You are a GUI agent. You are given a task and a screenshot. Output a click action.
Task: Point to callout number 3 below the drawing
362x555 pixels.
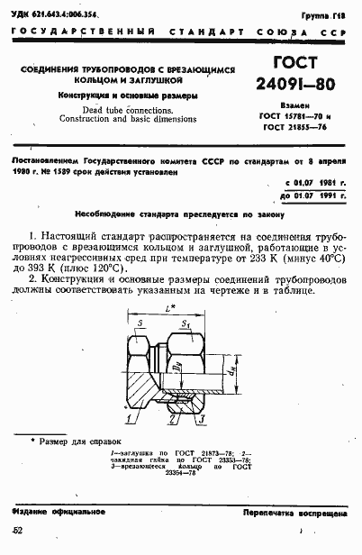point(205,419)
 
